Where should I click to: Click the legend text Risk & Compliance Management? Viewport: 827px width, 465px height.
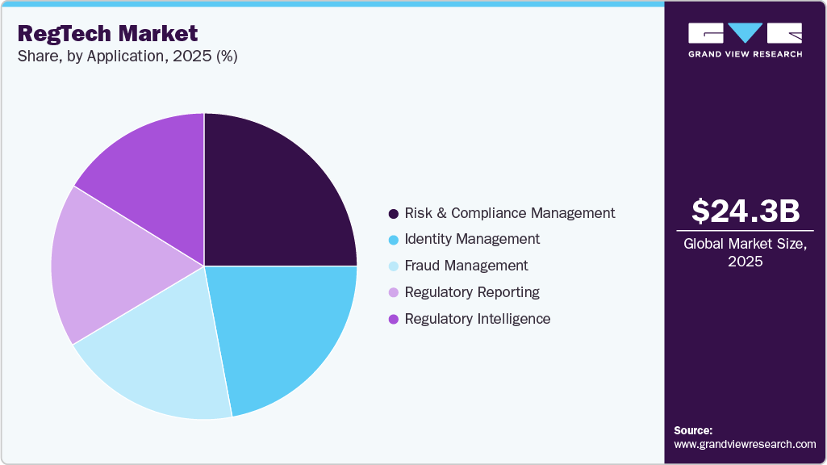coord(509,213)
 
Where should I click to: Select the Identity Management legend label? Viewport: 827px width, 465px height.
coord(472,239)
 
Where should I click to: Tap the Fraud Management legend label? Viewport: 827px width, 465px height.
coord(466,266)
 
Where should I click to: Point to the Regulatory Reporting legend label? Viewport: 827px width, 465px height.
coord(472,292)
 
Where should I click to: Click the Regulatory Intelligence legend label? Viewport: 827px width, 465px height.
coord(477,319)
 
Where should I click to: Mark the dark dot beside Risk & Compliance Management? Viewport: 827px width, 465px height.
coord(393,214)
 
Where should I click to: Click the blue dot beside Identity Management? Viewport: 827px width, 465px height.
coord(393,240)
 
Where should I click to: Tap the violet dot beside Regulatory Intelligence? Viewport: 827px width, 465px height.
coord(393,320)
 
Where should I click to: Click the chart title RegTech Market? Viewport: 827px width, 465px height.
coord(107,33)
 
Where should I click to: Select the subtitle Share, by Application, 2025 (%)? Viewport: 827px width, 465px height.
coord(127,57)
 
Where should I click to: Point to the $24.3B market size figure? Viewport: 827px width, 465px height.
coord(746,211)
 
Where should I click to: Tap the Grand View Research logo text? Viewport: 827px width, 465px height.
coord(746,54)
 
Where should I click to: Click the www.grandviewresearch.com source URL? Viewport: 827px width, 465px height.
coord(745,444)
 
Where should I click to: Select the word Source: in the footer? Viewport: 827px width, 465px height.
coord(693,430)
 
